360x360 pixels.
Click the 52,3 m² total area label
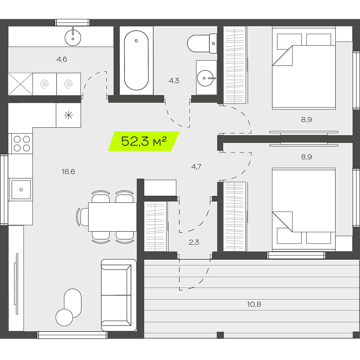(x=144, y=141)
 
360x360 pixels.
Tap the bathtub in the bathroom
(x=136, y=60)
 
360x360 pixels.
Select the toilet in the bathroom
(x=202, y=43)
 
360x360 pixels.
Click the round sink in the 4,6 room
(x=73, y=38)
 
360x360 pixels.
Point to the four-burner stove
(x=22, y=144)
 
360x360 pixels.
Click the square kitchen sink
(x=21, y=189)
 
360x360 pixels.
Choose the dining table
(x=112, y=217)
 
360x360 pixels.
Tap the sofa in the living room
(x=119, y=295)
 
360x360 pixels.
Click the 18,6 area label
(x=68, y=171)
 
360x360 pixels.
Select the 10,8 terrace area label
(x=254, y=304)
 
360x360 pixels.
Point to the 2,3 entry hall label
(x=194, y=242)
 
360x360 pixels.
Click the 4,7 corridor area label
(x=196, y=166)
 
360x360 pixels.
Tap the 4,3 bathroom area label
(x=174, y=81)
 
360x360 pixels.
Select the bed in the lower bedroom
(x=304, y=209)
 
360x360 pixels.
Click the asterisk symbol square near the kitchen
(x=68, y=115)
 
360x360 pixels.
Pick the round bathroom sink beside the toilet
(x=206, y=78)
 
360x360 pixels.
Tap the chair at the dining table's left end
(x=83, y=217)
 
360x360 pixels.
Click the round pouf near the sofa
(x=64, y=318)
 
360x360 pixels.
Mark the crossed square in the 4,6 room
(x=20, y=84)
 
